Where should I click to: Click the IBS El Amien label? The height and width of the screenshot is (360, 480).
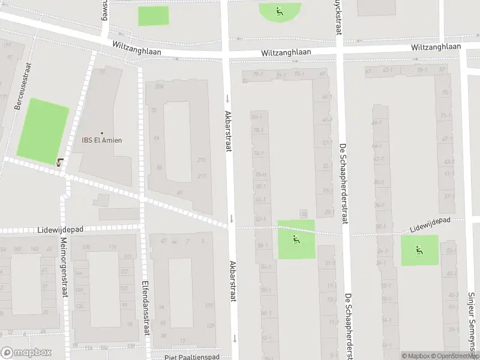coord(102,140)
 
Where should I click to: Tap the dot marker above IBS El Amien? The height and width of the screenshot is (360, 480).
coord(102,133)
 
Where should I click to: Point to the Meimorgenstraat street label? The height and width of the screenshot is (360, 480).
coord(64,267)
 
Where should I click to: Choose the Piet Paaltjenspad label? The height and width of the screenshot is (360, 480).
coord(192,357)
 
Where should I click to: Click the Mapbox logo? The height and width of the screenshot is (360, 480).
coord(26,353)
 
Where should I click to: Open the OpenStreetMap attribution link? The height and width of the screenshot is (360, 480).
coord(454,356)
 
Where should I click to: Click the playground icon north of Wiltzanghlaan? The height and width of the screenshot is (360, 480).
coord(279,10)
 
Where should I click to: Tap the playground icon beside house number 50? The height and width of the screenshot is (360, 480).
coord(296,239)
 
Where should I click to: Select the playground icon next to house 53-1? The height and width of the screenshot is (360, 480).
coord(419,250)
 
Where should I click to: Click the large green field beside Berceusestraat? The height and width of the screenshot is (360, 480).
coord(43,130)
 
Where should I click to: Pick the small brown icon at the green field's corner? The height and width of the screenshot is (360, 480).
coord(59,161)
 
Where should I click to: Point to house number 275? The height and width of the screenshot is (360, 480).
coord(201,160)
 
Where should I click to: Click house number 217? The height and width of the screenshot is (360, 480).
coord(201,176)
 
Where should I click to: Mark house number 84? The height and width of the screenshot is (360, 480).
coord(157,138)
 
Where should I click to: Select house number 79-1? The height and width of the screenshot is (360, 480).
coord(258,75)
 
